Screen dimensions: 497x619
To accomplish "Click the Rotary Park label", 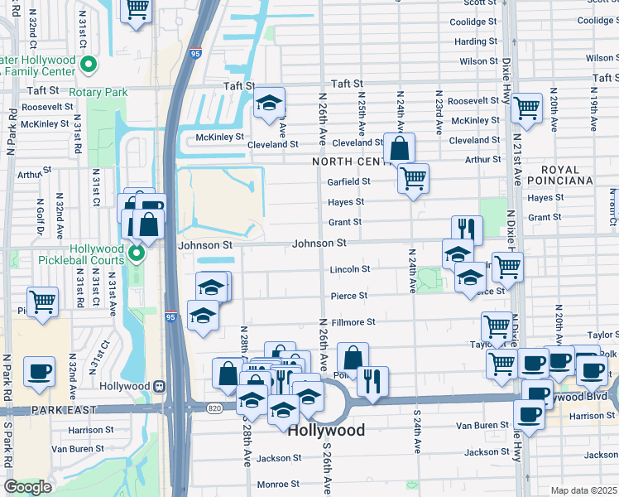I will point(99,92).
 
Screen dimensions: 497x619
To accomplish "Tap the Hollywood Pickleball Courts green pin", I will point(137,253).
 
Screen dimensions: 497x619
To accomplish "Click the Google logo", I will point(27,487).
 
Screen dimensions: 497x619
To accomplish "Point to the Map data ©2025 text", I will point(583,490).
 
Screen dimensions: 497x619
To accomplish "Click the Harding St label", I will point(476,41).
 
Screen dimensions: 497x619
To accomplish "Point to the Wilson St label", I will point(478,61).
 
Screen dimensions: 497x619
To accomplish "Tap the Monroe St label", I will point(278,484).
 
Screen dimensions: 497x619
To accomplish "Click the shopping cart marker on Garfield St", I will point(413,177).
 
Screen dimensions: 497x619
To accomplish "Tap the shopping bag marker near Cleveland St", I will point(399,149).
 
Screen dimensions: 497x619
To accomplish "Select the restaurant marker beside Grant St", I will point(467,229).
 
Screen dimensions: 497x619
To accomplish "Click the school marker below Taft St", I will point(269,103).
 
